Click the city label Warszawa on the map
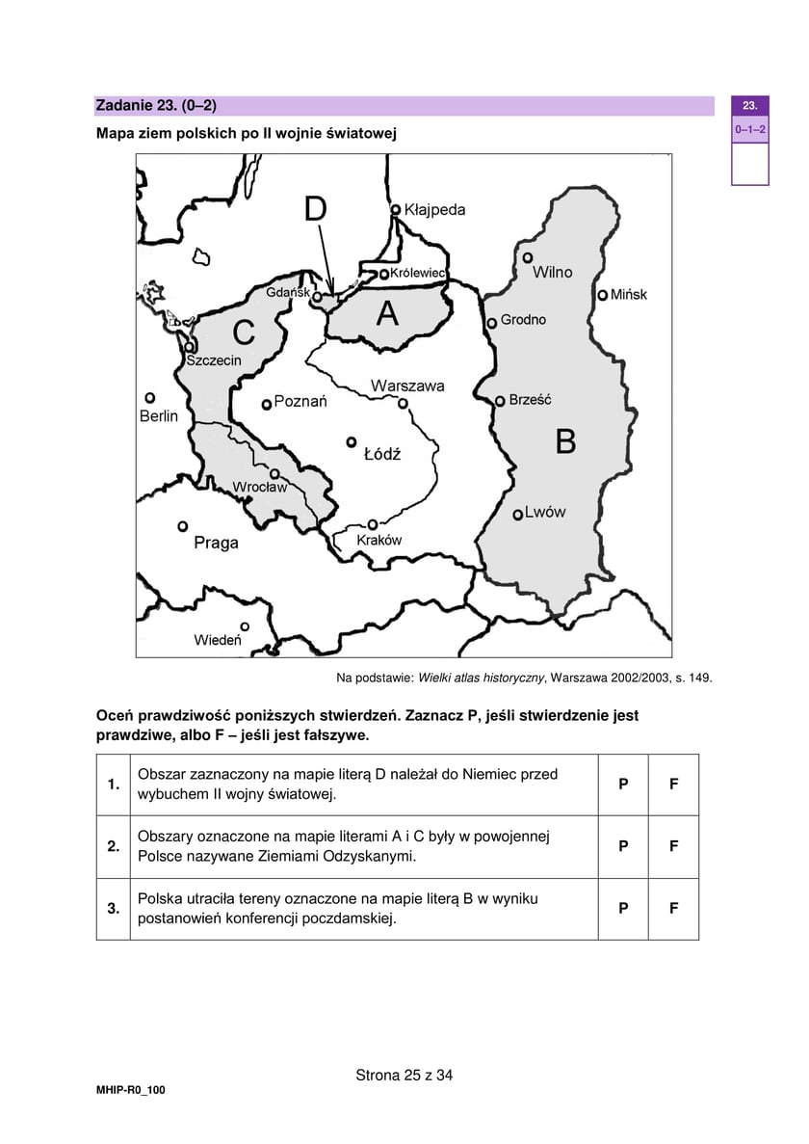click(x=407, y=386)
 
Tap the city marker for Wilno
click(x=528, y=257)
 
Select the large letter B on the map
click(x=566, y=441)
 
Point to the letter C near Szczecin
click(x=244, y=333)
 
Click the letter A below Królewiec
click(x=387, y=313)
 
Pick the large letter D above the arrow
click(x=316, y=209)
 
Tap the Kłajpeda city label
click(x=434, y=209)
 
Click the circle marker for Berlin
click(x=149, y=397)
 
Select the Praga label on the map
click(x=216, y=543)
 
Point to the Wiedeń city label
click(x=217, y=640)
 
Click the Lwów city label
click(x=545, y=513)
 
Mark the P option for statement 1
click(x=623, y=785)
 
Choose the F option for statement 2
click(x=674, y=846)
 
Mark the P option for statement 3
click(x=623, y=908)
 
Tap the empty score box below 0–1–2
click(x=749, y=164)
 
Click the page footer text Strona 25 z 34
click(x=404, y=1076)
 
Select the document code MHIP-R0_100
click(x=131, y=1089)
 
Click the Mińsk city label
click(x=629, y=295)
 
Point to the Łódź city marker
click(x=352, y=441)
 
